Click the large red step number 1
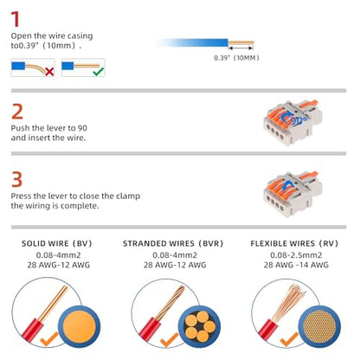coord(15,19)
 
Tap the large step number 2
coord(17,112)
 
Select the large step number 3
coord(16,179)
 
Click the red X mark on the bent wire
coord(49,72)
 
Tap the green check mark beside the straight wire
coord(99,71)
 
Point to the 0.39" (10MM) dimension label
coord(236,58)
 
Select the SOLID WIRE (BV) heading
coord(57,244)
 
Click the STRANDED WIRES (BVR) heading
coord(173,244)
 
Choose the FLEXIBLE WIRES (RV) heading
coord(294,244)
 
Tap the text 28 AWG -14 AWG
coord(296,265)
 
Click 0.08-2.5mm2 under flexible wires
coord(296,255)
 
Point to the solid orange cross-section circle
coord(80,326)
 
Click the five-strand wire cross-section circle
coord(199,326)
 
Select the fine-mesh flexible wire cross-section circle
coord(319,326)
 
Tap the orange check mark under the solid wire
coord(49,339)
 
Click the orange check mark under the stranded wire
coord(169,340)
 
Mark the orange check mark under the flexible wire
coord(289,339)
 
